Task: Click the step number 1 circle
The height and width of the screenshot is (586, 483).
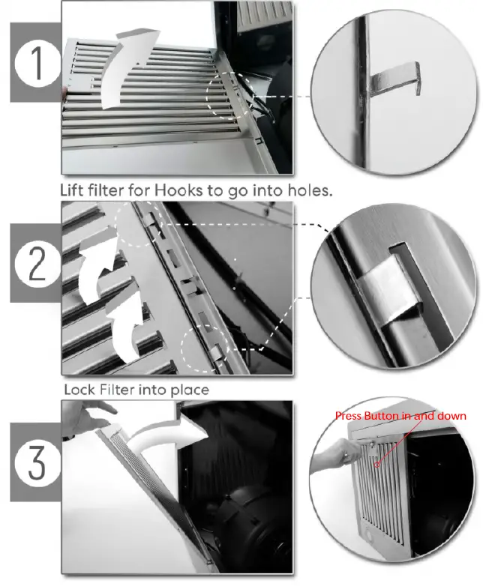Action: (37, 63)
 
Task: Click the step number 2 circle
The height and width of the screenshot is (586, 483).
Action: (37, 264)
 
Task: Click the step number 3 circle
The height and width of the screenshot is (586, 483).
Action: (37, 462)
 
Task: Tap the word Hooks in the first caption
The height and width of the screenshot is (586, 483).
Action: (178, 190)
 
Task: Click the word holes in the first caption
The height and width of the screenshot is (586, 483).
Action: (310, 190)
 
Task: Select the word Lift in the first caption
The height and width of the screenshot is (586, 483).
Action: (73, 190)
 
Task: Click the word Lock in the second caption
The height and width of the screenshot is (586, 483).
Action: (79, 390)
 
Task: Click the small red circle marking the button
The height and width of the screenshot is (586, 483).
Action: (377, 465)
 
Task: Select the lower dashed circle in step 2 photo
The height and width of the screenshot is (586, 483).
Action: (204, 348)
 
